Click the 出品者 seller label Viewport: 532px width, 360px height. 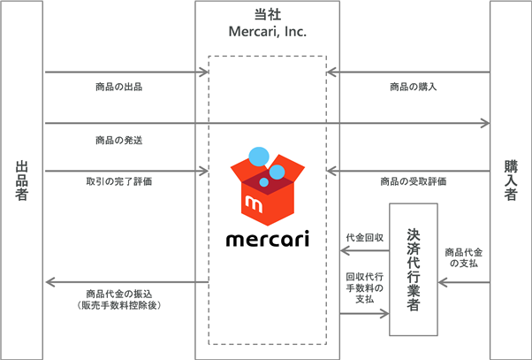click(22, 180)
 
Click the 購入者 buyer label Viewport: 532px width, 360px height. click(510, 180)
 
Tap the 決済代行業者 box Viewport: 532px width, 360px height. click(413, 269)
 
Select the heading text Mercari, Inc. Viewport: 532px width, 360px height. click(267, 32)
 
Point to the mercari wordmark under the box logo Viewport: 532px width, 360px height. click(267, 240)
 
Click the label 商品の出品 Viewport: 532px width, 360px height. click(118, 87)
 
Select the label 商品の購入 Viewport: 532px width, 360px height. click(413, 87)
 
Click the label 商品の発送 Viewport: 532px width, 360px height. click(118, 140)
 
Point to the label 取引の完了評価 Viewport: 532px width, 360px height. click(118, 181)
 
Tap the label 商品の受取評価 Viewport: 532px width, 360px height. click(413, 181)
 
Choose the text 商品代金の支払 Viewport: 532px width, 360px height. click(464, 257)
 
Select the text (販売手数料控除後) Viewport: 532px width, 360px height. click(118, 305)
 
